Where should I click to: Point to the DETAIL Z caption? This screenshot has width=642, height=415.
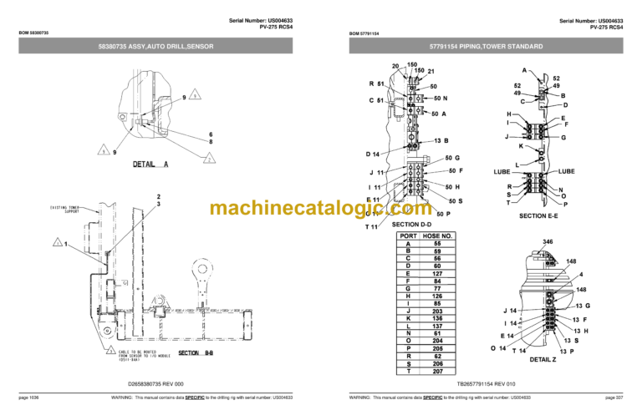(x=543, y=359)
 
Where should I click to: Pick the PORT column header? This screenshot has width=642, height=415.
(x=408, y=235)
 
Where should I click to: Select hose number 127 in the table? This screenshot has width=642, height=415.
(x=436, y=273)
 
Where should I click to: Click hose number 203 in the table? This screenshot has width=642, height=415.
(x=436, y=311)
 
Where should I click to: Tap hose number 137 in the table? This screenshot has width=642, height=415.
(x=436, y=325)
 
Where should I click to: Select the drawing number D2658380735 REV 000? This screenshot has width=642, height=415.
(x=160, y=385)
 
